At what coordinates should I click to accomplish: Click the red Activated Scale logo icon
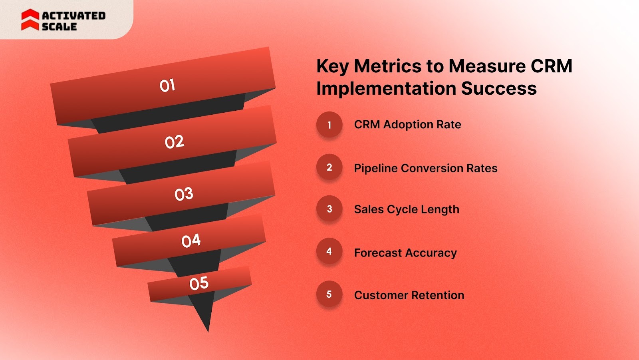click(30, 20)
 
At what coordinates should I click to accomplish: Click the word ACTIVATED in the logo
click(73, 16)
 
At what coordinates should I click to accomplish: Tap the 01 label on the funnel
click(167, 85)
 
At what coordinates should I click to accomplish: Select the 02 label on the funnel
click(175, 142)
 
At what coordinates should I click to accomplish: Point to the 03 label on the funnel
click(184, 194)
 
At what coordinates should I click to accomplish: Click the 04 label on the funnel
click(191, 241)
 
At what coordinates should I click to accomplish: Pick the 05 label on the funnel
click(199, 283)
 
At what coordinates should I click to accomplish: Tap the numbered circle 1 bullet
click(329, 125)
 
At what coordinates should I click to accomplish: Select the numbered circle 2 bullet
click(329, 167)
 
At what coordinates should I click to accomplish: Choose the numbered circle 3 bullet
click(329, 209)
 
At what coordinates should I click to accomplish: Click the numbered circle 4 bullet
click(329, 251)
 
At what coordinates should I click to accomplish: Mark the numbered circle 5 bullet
click(329, 294)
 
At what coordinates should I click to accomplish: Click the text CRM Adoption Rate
click(407, 125)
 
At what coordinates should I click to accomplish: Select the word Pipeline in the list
click(375, 168)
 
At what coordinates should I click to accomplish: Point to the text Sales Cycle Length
click(407, 209)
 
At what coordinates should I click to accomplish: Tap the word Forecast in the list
click(378, 253)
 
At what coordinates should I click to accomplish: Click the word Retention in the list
click(437, 295)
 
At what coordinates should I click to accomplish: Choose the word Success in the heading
click(499, 88)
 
